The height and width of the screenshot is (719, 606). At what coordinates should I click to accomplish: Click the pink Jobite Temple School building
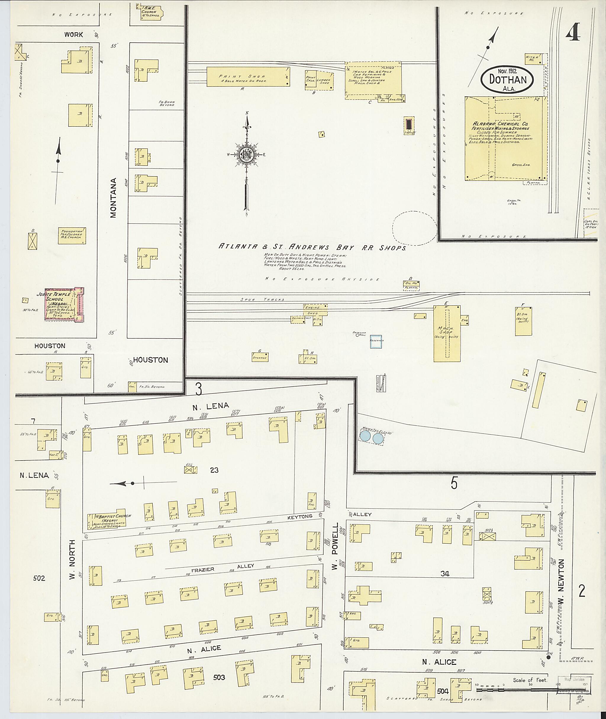(64, 304)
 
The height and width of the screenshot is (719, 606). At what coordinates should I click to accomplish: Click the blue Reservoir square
(376, 341)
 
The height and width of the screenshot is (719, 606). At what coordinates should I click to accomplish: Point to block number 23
(214, 470)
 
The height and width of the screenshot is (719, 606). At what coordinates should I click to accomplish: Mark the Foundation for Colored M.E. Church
(71, 235)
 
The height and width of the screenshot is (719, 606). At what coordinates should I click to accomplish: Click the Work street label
(73, 34)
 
